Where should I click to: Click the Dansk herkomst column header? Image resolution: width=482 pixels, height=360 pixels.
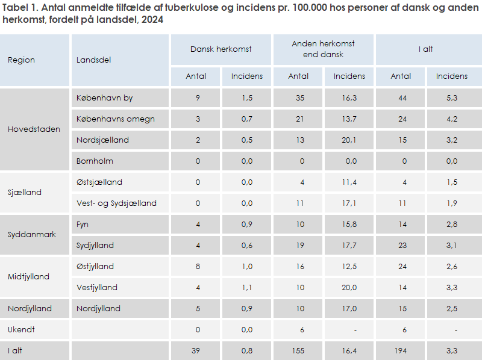(221, 49)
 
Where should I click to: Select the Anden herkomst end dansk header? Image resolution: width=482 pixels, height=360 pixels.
(324, 49)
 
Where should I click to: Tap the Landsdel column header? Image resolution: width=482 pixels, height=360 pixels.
(94, 60)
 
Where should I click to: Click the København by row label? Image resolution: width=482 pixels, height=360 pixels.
(105, 98)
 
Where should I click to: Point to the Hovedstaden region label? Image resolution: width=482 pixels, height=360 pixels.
(34, 129)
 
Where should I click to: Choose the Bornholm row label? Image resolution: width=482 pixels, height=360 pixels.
(95, 161)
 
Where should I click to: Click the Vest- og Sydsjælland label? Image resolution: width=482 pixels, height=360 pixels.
(116, 203)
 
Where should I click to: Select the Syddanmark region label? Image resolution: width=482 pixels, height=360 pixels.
(32, 235)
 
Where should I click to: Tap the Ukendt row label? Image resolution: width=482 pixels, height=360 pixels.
(21, 330)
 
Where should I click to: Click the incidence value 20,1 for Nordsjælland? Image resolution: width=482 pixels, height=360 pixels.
(349, 140)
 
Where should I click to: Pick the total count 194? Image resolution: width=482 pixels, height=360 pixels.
(401, 351)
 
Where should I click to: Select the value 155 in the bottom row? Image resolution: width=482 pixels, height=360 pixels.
(298, 351)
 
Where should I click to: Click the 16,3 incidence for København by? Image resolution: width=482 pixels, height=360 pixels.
(349, 98)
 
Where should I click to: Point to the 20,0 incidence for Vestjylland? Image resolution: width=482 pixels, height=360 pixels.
(349, 288)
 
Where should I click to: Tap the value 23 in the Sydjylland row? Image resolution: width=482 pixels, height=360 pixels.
(401, 246)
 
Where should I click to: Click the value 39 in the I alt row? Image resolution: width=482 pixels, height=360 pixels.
(196, 351)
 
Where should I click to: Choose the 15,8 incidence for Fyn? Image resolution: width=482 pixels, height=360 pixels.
(349, 225)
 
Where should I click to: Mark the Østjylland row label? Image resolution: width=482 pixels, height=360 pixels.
(95, 267)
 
